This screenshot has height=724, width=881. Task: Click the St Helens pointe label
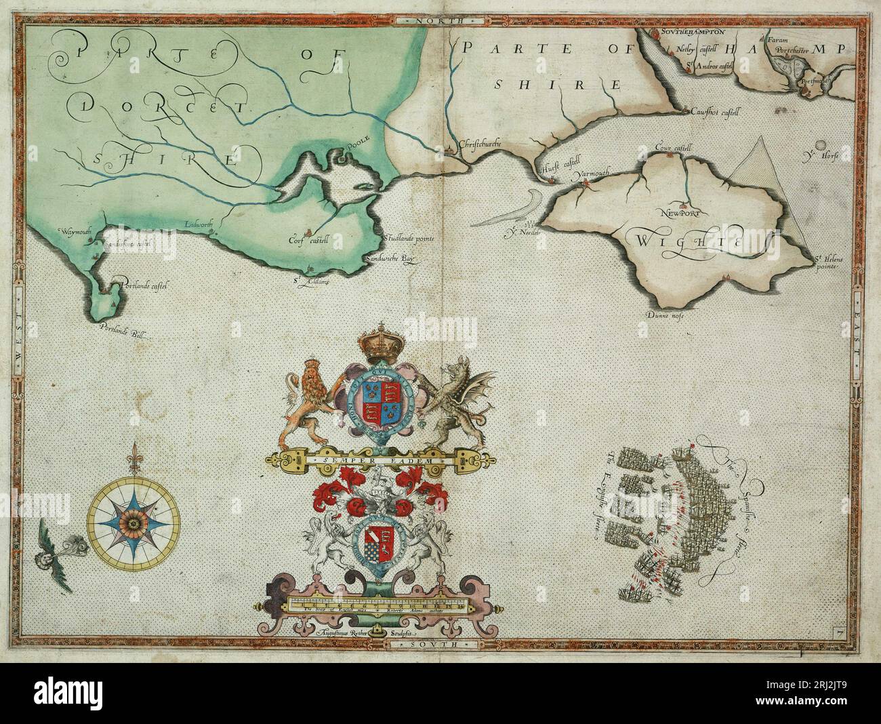pyautogui.click(x=826, y=261)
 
